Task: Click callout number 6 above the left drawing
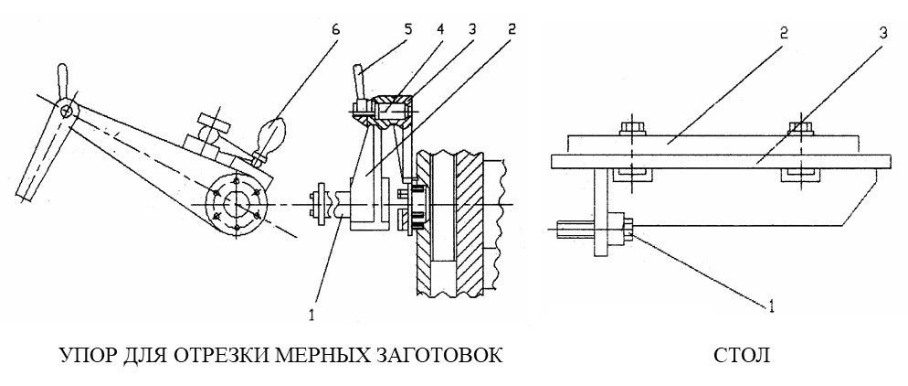click(x=338, y=29)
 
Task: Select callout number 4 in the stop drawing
click(x=440, y=29)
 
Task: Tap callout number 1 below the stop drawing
click(x=311, y=316)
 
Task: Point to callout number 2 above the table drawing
click(x=783, y=33)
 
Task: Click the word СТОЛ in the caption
click(x=743, y=355)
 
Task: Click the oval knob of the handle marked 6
click(x=271, y=134)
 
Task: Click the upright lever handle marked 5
click(x=358, y=84)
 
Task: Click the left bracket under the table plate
click(x=633, y=175)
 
